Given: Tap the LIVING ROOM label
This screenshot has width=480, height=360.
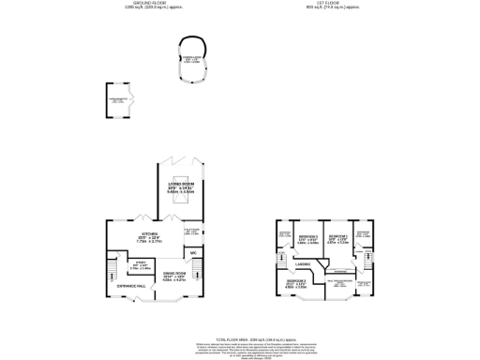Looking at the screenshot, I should pos(180,187).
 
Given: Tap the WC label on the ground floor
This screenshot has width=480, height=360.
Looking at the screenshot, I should pos(192,253).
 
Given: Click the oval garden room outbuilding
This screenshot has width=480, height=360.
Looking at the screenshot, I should pos(195,59).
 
